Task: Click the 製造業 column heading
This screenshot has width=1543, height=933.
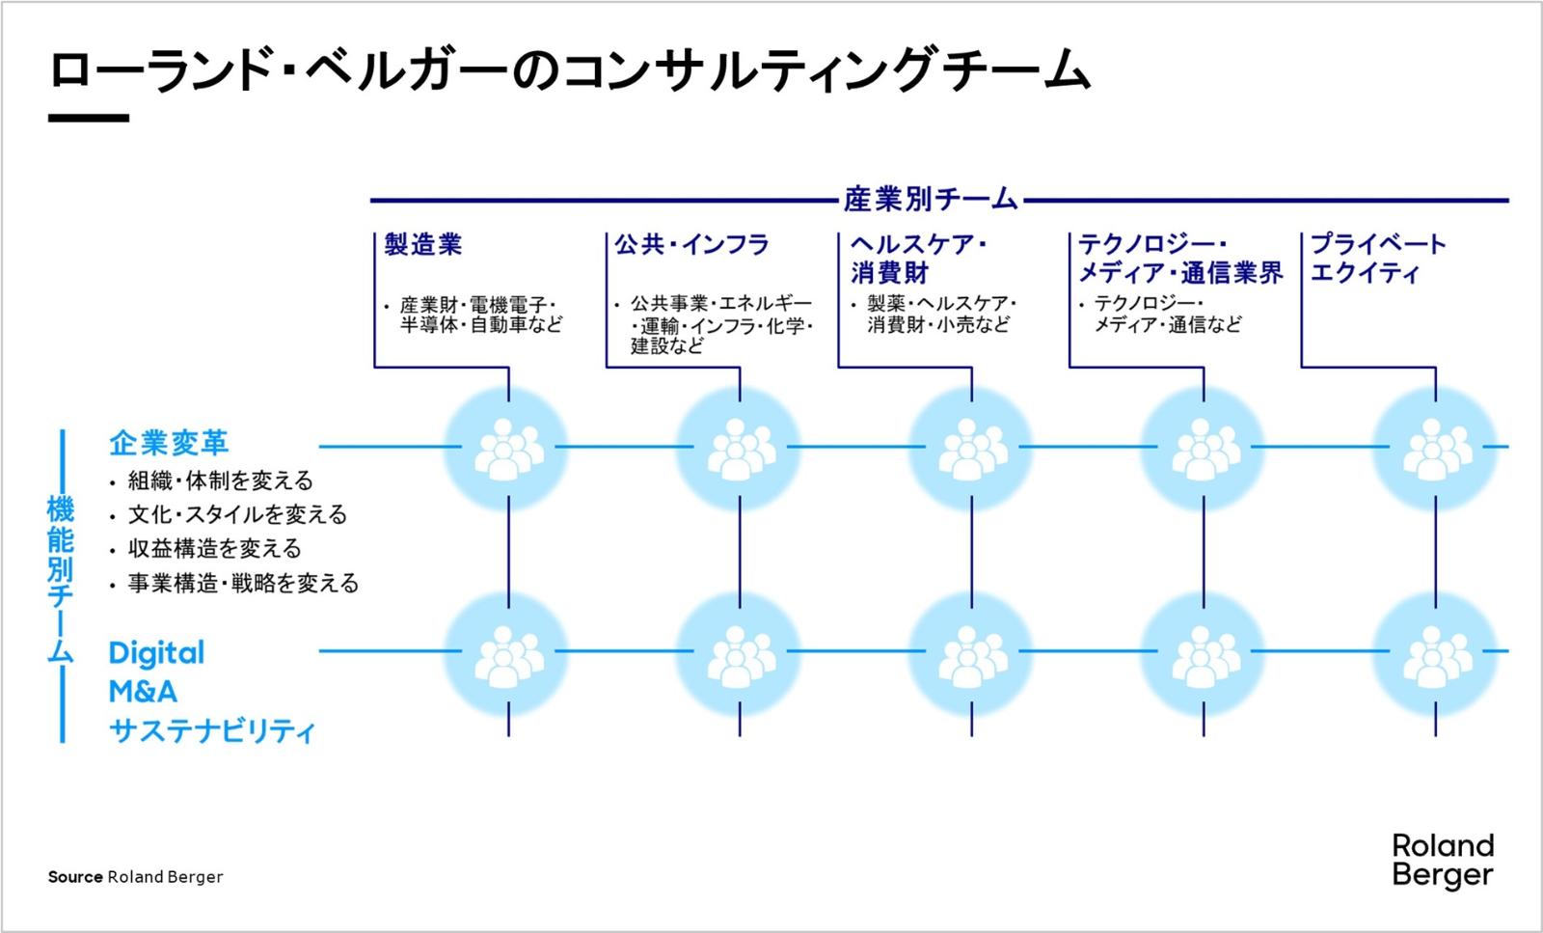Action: click(422, 245)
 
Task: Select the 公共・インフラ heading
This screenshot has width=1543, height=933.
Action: click(691, 245)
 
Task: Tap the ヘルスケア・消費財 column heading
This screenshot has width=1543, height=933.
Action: click(917, 259)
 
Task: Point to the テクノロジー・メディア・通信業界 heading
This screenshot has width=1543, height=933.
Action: click(1179, 259)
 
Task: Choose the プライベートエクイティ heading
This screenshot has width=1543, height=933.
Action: click(1377, 259)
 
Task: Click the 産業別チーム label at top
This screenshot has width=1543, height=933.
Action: click(931, 200)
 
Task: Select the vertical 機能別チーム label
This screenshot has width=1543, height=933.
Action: click(61, 579)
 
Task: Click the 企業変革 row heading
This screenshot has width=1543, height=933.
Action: click(169, 443)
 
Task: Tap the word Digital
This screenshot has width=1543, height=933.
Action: click(156, 653)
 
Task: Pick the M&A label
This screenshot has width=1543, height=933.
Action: click(143, 692)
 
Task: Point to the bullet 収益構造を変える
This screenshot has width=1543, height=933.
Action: click(214, 549)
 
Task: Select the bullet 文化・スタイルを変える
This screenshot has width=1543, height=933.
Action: click(237, 514)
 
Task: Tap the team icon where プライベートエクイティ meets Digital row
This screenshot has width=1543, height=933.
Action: click(1435, 653)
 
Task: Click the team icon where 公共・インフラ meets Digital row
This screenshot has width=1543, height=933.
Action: click(740, 653)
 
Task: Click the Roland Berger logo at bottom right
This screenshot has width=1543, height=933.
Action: click(1443, 861)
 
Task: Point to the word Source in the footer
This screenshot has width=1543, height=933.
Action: click(75, 877)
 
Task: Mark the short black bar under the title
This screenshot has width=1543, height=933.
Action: click(88, 118)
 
